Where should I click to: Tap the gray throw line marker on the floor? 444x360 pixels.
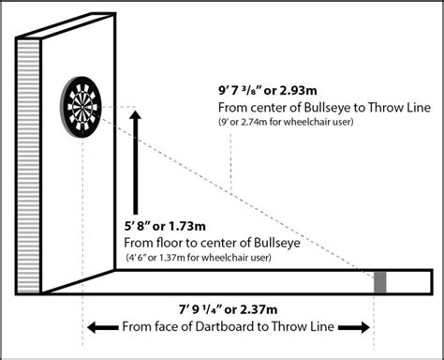(380, 283)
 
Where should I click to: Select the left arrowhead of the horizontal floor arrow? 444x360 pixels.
(92, 326)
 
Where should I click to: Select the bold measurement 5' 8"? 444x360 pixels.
(141, 227)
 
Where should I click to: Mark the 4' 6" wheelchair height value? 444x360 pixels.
(138, 256)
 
